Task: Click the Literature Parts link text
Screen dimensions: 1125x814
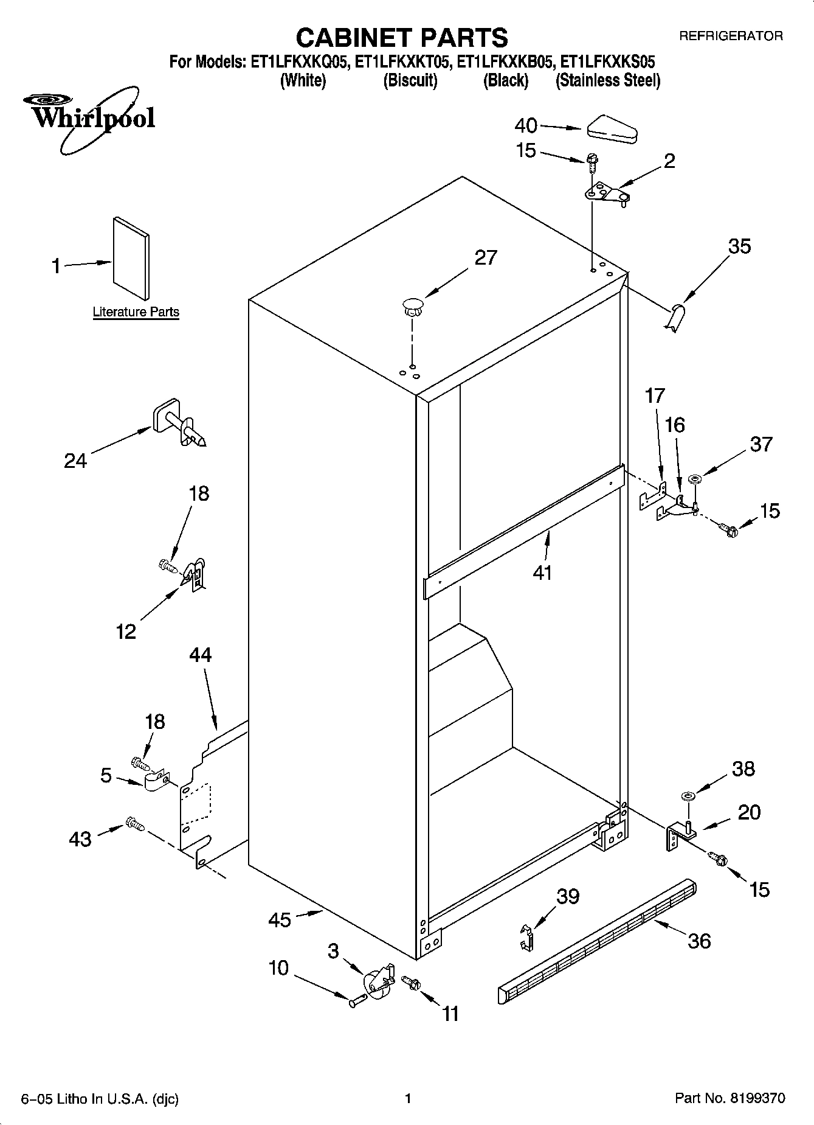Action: pos(136,312)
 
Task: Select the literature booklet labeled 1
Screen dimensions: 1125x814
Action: pos(131,258)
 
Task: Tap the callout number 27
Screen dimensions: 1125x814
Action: pos(485,257)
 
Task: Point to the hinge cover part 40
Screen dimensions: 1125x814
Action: pos(611,129)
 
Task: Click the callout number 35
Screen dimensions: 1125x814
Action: pos(739,246)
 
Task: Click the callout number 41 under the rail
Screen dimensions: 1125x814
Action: pos(542,573)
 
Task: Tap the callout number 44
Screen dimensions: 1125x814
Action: pos(200,655)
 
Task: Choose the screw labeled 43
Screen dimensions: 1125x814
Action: pos(134,824)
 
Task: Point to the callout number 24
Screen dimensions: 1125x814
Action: pos(75,461)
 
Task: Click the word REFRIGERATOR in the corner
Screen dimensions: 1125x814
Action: pos(730,37)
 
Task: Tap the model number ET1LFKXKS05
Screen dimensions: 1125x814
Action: pos(607,62)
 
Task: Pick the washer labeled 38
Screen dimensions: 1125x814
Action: pos(688,796)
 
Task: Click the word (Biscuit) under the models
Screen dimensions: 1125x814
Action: pos(410,81)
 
